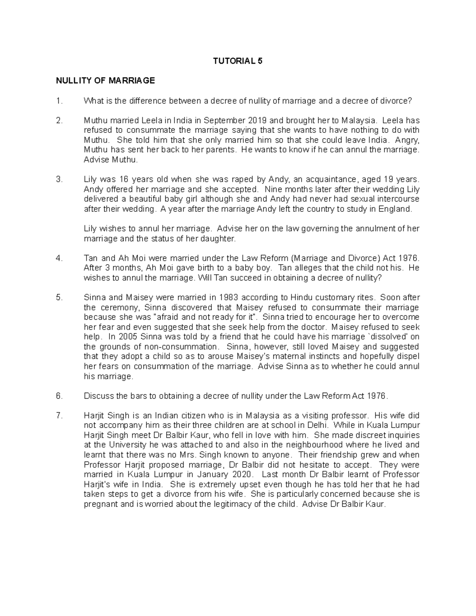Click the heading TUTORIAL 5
(x=238, y=61)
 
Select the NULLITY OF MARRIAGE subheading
(x=105, y=81)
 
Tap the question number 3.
(x=59, y=179)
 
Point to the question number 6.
(x=59, y=396)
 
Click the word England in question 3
(x=397, y=209)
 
